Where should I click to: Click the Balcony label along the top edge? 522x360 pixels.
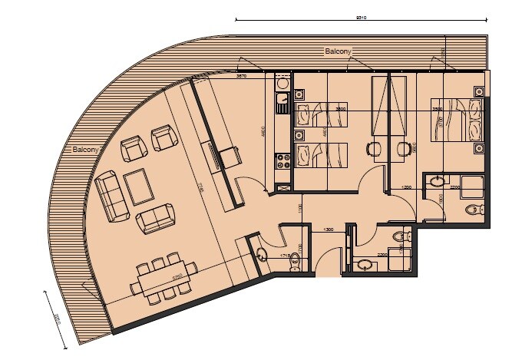[339, 51]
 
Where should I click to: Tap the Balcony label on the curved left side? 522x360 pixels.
[84, 149]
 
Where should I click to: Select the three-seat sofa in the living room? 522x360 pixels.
[111, 196]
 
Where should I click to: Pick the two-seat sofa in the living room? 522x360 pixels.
[155, 220]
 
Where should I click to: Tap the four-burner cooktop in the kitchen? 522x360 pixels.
[282, 160]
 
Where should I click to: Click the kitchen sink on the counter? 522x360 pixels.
[282, 98]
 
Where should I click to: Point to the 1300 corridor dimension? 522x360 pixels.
[328, 230]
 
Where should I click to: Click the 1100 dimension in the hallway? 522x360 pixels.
[301, 208]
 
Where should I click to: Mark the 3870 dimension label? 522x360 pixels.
[241, 77]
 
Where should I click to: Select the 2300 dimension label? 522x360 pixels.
[382, 255]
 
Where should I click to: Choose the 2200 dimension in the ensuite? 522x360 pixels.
[455, 187]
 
